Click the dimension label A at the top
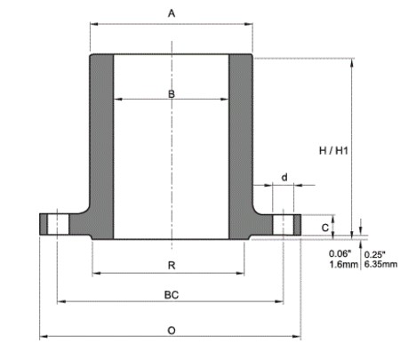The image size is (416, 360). pyautogui.click(x=172, y=13)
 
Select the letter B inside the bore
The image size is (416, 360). pyautogui.click(x=172, y=94)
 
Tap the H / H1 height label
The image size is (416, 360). pyautogui.click(x=333, y=151)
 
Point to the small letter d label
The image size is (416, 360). pyautogui.click(x=284, y=178)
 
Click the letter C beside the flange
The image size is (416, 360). pyautogui.click(x=325, y=228)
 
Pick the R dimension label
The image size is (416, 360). pyautogui.click(x=172, y=266)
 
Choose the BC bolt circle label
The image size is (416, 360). pyautogui.click(x=172, y=295)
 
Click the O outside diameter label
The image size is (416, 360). pyautogui.click(x=172, y=331)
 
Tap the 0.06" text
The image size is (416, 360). pyautogui.click(x=340, y=253)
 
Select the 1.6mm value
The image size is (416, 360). pyautogui.click(x=344, y=264)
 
